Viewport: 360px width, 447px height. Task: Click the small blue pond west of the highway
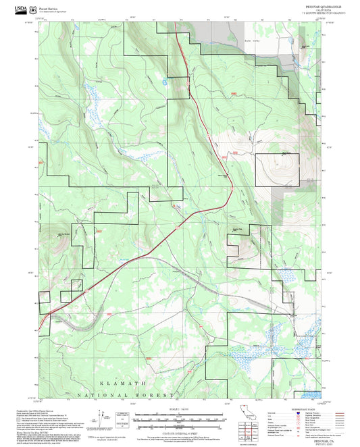(x=165, y=80)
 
